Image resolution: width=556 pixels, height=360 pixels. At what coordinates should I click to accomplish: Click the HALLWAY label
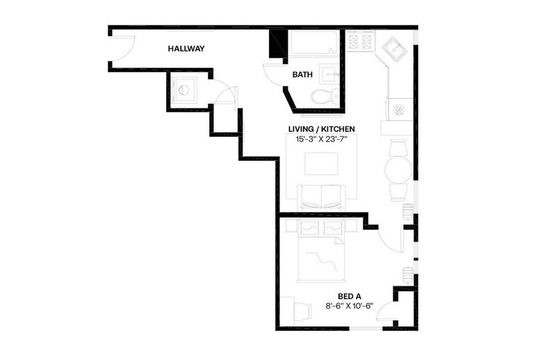pyautogui.click(x=186, y=49)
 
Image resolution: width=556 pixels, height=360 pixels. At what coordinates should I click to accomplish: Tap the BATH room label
pyautogui.click(x=302, y=74)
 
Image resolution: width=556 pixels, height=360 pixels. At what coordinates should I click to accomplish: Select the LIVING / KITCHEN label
pyautogui.click(x=321, y=129)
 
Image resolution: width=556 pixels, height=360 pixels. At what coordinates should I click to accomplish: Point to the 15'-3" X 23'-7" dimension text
pyautogui.click(x=321, y=139)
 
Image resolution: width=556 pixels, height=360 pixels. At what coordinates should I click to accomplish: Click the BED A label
pyautogui.click(x=350, y=297)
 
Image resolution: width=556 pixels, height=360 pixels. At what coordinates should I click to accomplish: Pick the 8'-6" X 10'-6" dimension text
pyautogui.click(x=350, y=306)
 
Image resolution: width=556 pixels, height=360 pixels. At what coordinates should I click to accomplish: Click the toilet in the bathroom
pyautogui.click(x=325, y=96)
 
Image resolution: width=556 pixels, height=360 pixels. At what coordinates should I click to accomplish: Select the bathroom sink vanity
pyautogui.click(x=329, y=74)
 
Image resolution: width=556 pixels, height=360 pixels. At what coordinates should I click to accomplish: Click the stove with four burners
pyautogui.click(x=361, y=41)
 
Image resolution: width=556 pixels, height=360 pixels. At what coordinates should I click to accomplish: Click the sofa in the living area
pyautogui.click(x=321, y=197)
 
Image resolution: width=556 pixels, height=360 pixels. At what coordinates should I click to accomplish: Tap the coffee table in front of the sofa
pyautogui.click(x=321, y=163)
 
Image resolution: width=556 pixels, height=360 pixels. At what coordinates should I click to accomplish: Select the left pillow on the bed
pyautogui.click(x=309, y=228)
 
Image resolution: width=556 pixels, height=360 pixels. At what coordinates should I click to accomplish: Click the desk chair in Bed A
pyautogui.click(x=302, y=311)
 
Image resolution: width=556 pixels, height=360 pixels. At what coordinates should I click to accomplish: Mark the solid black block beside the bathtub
pyautogui.click(x=278, y=44)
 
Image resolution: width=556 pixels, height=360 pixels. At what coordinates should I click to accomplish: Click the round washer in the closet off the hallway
pyautogui.click(x=184, y=90)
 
